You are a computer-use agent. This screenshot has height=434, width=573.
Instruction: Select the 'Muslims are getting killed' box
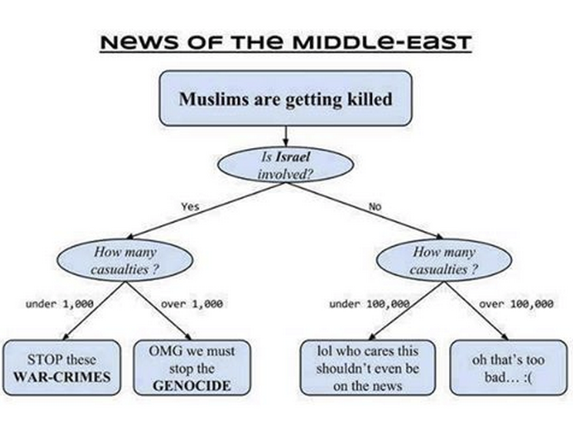coord(286,99)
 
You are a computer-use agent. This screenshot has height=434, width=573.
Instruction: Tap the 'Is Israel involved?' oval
coord(286,165)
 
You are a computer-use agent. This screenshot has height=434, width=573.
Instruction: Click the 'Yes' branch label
coord(189,207)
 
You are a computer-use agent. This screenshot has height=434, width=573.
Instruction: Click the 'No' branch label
coord(375,207)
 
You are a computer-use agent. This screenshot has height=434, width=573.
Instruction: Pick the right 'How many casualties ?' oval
coord(444,261)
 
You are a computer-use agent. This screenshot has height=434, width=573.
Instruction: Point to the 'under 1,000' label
coord(59,304)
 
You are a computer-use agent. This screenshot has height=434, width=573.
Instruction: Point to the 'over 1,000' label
coord(192,304)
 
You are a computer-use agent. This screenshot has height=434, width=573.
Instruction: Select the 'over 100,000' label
coord(516,304)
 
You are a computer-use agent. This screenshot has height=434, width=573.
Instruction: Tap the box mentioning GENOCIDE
coord(192,368)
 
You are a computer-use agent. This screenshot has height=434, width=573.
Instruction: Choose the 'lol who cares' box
coord(367,368)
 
